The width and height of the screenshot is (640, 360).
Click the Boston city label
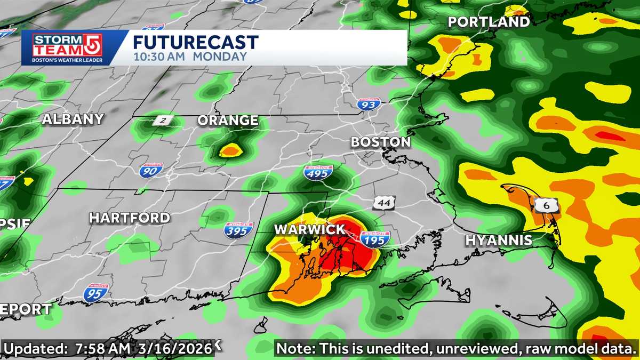click(x=380, y=142)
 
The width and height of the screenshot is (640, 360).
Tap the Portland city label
click(x=489, y=22)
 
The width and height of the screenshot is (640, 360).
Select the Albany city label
click(x=73, y=119)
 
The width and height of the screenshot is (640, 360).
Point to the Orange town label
click(x=228, y=121)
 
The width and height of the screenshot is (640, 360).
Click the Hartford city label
click(x=130, y=218)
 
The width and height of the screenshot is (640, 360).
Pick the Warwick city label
click(x=309, y=229)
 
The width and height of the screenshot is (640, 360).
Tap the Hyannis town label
click(x=499, y=241)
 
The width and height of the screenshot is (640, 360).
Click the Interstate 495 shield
click(x=318, y=172)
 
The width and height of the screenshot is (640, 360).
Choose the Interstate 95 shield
click(x=96, y=292)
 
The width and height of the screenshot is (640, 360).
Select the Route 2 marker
click(x=161, y=121)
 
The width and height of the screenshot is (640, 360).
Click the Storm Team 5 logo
click(x=59, y=47)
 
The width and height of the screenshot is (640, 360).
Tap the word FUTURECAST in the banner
click(x=196, y=42)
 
